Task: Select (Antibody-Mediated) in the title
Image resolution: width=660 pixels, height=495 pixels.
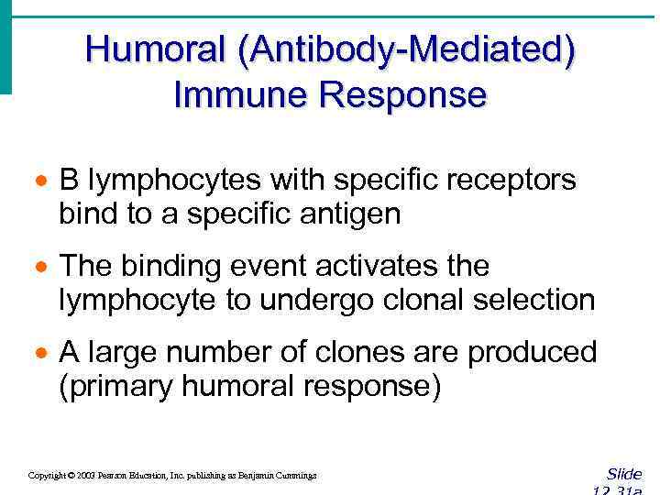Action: pos(407,50)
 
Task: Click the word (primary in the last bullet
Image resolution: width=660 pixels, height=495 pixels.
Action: pos(115,387)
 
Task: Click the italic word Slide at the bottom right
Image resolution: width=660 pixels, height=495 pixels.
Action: pos(624,474)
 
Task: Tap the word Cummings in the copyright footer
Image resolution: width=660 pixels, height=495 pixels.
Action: pos(296,476)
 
